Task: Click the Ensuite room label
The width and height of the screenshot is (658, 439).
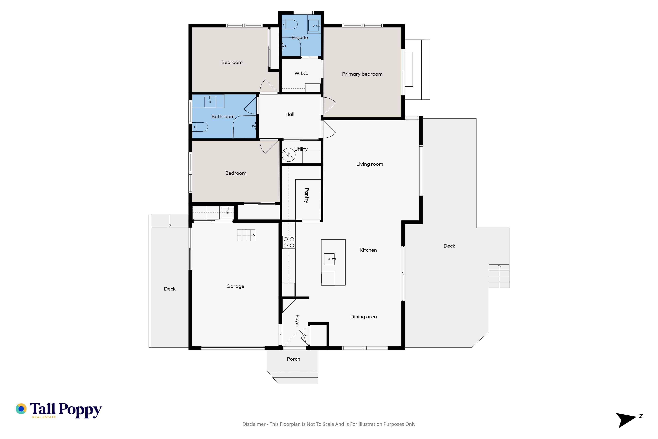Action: coord(300,38)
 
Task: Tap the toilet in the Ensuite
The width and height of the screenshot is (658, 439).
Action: coord(289,25)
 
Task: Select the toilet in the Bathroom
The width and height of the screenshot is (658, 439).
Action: coord(200,127)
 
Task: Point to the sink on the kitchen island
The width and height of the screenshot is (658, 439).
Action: coord(330,259)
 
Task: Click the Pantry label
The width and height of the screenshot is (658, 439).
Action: coord(307,195)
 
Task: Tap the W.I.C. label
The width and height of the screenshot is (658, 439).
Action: coord(301,73)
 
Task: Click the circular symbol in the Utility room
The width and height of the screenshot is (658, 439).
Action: coord(288,155)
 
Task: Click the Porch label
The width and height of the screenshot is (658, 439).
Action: coord(294,359)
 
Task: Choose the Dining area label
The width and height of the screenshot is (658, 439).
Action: coord(363,317)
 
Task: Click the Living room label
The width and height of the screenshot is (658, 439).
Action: coord(370,164)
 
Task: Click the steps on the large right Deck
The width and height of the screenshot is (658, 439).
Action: coord(499,276)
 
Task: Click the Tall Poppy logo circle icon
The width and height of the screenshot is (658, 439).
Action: coord(21,409)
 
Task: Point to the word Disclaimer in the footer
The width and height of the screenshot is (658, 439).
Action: coord(254,424)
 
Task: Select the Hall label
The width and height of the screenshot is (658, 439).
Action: coord(290,114)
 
